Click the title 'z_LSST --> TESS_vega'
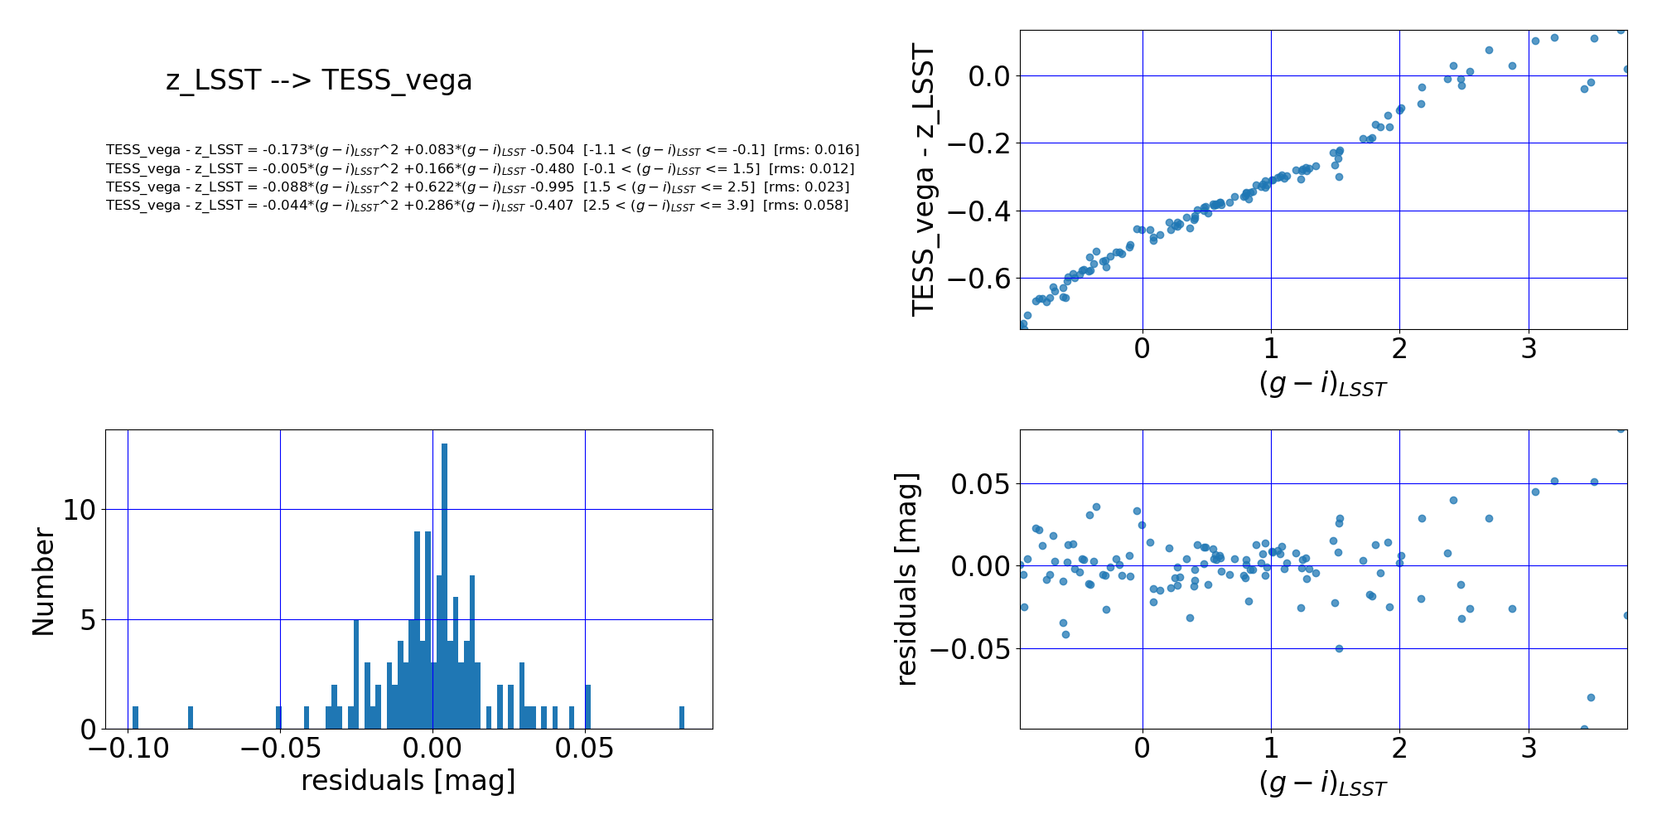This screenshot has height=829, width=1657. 319,80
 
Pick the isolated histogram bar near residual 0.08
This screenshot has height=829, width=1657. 682,718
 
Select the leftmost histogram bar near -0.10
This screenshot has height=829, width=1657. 135,718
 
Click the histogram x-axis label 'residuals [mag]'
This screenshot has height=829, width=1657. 408,781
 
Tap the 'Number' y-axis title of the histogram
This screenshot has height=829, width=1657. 43,582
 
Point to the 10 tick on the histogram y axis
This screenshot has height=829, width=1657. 80,510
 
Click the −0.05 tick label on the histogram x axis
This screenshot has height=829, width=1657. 278,749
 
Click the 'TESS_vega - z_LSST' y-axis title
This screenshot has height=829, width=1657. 923,180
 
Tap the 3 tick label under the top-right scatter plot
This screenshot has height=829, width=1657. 1529,349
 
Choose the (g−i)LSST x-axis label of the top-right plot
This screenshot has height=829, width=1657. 1322,384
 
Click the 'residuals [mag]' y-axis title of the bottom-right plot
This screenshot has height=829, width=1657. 907,579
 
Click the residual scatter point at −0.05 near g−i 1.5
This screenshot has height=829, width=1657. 1339,648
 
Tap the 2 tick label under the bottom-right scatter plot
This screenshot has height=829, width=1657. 1399,749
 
